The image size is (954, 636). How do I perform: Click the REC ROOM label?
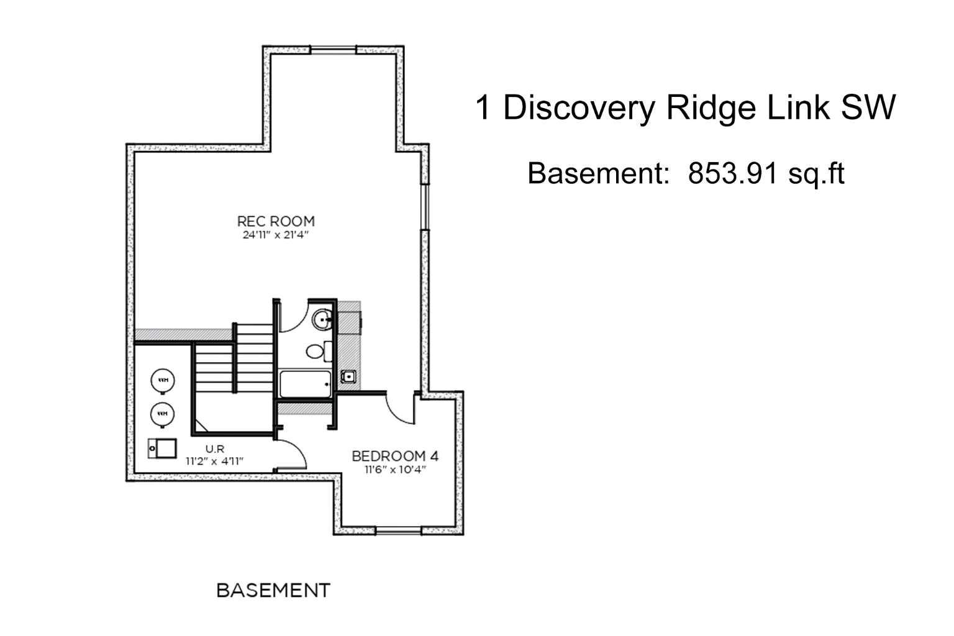point(276,221)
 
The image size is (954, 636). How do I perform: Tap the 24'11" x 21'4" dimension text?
point(276,235)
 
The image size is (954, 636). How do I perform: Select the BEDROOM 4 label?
point(395,456)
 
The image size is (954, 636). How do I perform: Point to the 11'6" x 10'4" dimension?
point(395,470)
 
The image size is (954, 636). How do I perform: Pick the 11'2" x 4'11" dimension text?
point(214,461)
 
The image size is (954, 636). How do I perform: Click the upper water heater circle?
point(163,380)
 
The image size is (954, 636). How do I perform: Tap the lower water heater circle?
point(163,414)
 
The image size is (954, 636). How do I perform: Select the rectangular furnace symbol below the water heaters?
point(162,448)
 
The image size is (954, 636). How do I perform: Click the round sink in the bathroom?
point(322,320)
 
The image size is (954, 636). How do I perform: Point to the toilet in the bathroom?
point(316,352)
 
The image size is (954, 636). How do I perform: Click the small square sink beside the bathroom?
point(348,376)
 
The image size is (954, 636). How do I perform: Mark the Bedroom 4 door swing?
point(401,407)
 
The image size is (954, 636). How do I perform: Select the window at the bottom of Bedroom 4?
point(399,530)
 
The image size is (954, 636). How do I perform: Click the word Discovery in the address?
point(579,108)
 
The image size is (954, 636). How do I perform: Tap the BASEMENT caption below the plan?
point(273,590)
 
